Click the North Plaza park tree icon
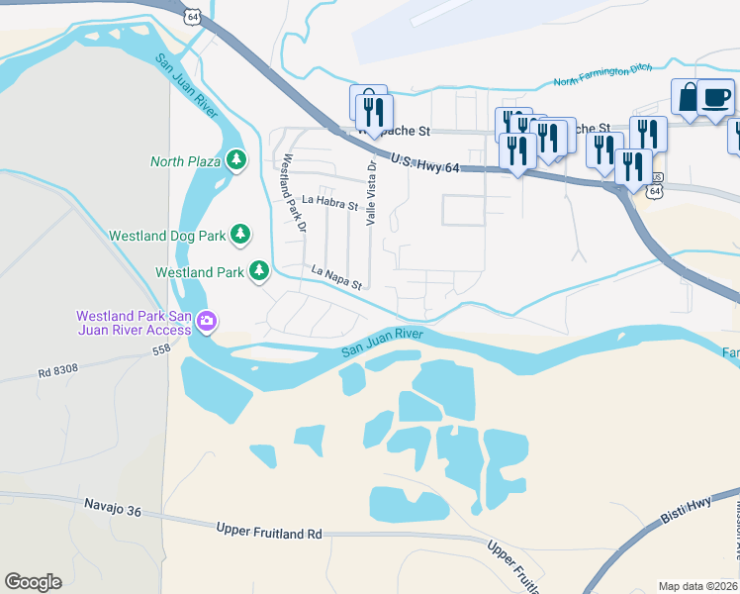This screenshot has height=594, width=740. click(x=235, y=159)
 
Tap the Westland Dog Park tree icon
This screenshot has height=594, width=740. click(x=239, y=235)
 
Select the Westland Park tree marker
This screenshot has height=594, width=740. click(x=259, y=270)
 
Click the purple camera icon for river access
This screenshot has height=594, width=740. click(x=207, y=320)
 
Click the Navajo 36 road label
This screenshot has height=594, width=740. click(x=113, y=511)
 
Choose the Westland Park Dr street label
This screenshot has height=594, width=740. click(x=295, y=192)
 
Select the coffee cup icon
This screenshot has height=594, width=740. click(x=716, y=97)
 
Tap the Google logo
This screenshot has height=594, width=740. click(x=33, y=582)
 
